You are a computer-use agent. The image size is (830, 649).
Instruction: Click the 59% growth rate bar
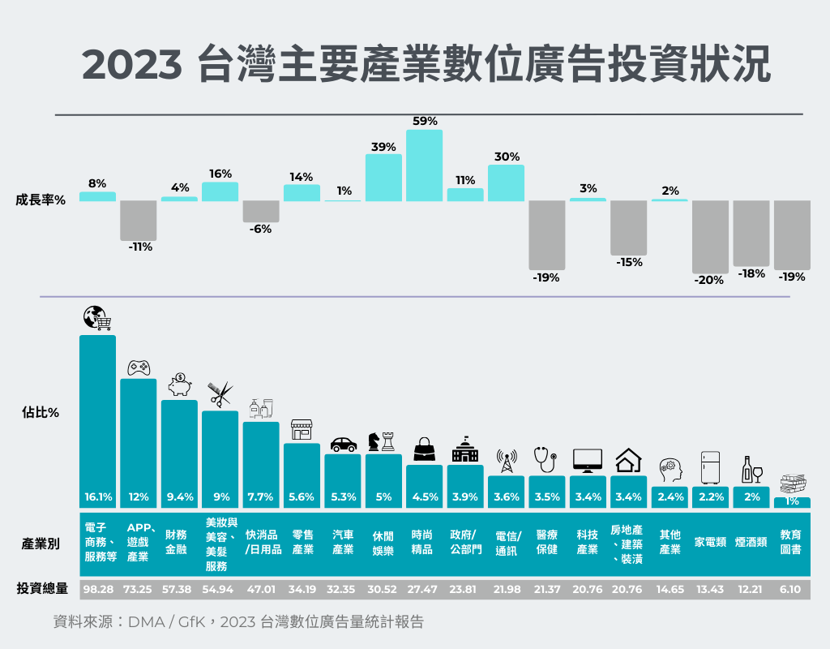coord(424,165)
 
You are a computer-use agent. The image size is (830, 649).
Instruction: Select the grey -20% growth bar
coord(710,236)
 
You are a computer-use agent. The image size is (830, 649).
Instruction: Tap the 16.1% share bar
coord(97,422)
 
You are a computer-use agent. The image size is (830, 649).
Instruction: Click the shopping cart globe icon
coord(97,318)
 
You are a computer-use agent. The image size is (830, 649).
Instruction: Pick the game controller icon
coord(139,367)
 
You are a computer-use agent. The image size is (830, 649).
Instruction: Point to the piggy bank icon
coord(179,384)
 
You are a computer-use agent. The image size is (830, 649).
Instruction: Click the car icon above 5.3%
coord(344,444)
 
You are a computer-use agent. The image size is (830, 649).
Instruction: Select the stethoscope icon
coord(545,459)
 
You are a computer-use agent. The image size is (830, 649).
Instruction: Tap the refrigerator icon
coord(710,468)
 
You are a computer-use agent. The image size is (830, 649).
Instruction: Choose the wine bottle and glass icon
coord(751,469)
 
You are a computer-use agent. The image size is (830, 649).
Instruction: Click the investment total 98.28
coord(97,589)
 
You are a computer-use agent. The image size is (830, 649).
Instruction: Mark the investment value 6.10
coord(792,589)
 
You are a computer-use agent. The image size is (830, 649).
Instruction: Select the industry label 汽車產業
coord(343,543)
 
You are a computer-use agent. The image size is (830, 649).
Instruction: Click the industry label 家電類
coord(710,543)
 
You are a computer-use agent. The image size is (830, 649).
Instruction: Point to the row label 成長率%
coord(41,200)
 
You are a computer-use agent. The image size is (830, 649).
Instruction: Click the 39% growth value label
coord(383,147)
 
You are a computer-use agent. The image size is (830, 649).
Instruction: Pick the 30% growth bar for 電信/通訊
coord(506,183)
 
